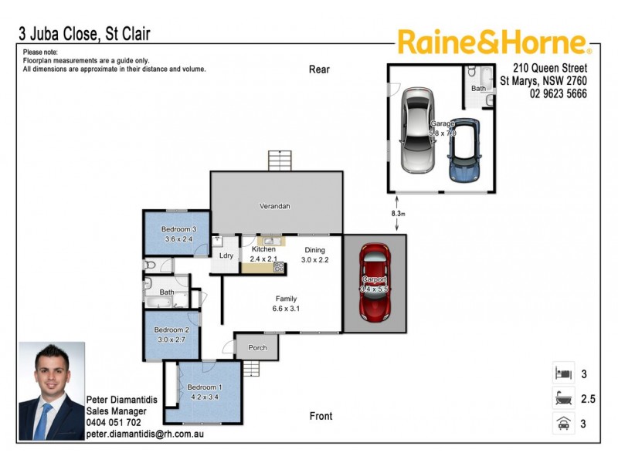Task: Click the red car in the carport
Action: (x=375, y=282)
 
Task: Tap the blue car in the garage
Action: (x=463, y=151)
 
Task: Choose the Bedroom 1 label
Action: (x=204, y=387)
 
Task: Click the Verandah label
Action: (x=274, y=206)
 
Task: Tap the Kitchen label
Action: (x=263, y=249)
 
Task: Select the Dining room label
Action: (x=314, y=249)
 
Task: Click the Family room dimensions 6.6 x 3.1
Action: (x=286, y=309)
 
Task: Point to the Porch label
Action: (x=257, y=348)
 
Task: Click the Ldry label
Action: (x=226, y=255)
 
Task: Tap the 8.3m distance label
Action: (x=398, y=213)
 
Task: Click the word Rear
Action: (x=319, y=69)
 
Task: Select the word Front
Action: (x=321, y=416)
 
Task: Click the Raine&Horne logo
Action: (x=494, y=42)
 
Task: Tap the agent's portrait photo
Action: (x=51, y=391)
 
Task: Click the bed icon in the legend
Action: (x=562, y=373)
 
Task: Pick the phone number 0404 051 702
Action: (x=114, y=423)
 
